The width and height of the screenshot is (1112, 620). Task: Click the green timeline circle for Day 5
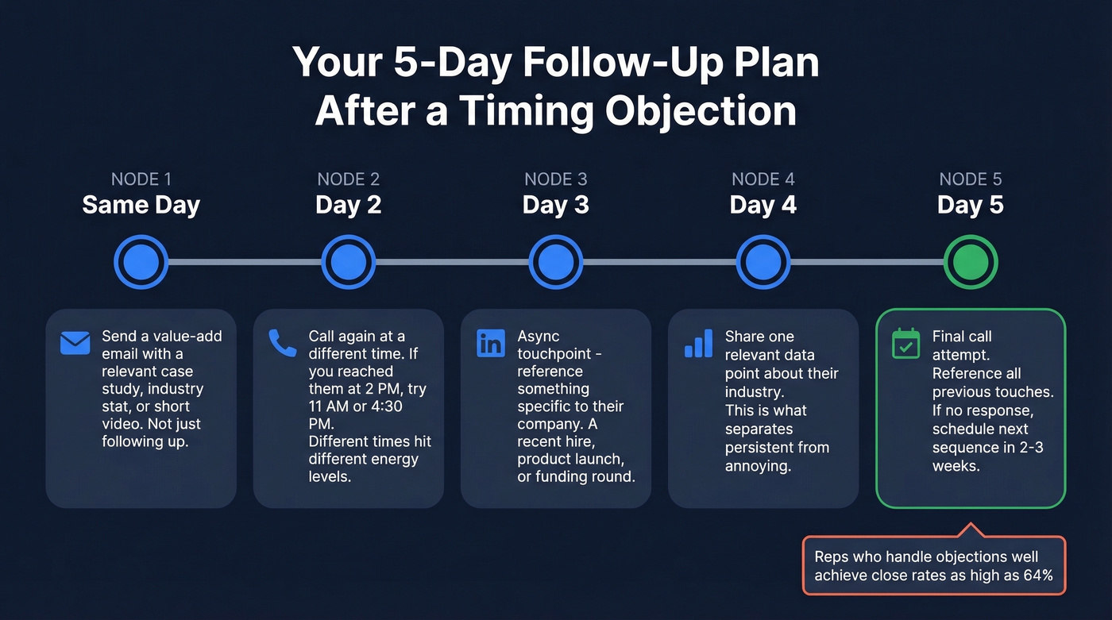(970, 262)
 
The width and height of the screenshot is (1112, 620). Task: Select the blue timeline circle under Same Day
(141, 262)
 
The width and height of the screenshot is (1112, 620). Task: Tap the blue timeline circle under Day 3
(555, 262)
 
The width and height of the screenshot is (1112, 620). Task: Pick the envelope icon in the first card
(75, 343)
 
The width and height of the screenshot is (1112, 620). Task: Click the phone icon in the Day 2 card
(282, 343)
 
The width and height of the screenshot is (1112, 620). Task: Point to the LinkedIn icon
(490, 343)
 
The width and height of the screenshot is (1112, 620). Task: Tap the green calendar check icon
(905, 344)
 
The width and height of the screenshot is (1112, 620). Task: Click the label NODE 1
(141, 179)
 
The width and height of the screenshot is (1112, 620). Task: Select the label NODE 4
(763, 179)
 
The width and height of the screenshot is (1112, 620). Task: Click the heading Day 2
(348, 205)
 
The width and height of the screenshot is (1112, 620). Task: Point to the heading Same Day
(141, 205)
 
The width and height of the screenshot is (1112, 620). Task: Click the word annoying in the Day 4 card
(758, 466)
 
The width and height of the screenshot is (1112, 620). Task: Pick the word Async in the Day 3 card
(539, 337)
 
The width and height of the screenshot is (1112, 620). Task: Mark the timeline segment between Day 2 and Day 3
(451, 262)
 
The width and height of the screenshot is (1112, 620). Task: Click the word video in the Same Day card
(122, 424)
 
